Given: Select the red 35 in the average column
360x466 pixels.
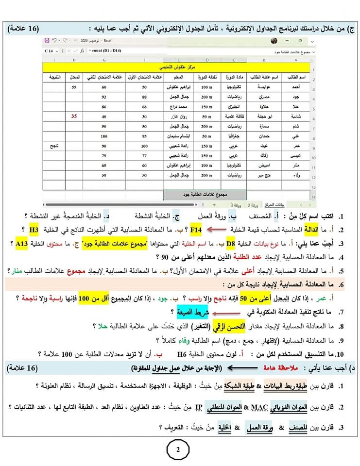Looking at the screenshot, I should coord(74,116).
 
